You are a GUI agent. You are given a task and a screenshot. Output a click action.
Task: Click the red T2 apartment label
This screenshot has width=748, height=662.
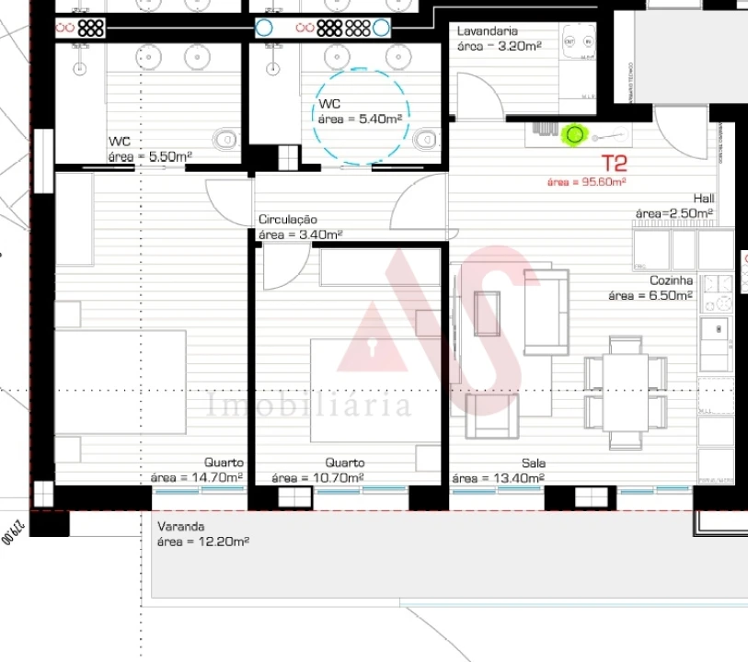614,165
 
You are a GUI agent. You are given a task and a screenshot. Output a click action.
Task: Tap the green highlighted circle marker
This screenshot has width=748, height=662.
575,135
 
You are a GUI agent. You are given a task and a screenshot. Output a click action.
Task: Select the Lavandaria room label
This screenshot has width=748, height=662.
488,31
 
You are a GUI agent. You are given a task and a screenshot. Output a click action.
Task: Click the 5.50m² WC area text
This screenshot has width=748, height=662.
150,157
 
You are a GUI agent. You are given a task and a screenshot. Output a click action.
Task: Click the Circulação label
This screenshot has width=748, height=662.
288,220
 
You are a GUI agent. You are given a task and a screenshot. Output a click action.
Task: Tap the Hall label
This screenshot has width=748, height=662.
704,199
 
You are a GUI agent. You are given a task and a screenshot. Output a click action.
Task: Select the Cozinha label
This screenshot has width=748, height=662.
671,281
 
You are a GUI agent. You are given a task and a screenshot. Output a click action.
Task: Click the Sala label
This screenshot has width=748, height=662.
534,463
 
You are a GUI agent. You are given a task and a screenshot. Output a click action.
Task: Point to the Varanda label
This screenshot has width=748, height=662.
180,528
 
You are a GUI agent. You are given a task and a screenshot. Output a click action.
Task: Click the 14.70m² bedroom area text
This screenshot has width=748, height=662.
197,478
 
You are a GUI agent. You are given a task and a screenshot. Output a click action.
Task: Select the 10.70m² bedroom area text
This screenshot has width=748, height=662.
317,478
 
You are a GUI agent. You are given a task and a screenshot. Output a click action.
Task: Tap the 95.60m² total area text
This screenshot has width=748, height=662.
586,182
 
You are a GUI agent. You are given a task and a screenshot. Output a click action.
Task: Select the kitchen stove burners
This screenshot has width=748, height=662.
716,292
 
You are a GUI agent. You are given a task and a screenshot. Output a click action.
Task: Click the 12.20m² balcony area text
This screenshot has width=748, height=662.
202,542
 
